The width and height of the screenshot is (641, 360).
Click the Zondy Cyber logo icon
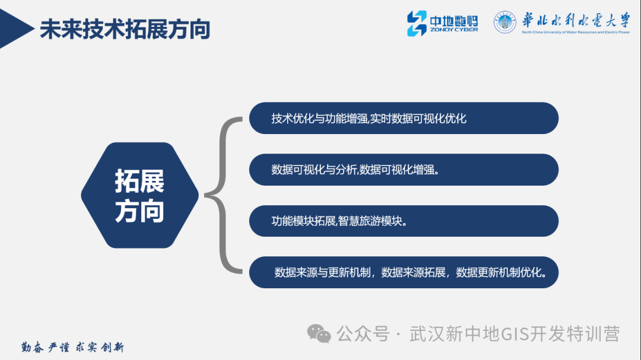click(416, 23)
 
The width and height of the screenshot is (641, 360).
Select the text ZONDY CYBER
click(453, 30)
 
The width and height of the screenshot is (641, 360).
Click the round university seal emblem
click(505, 23)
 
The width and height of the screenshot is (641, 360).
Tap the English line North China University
click(575, 33)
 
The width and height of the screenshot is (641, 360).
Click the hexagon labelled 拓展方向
click(139, 195)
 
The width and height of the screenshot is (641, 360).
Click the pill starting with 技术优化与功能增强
click(404, 118)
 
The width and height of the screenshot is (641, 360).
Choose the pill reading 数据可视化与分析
click(404, 170)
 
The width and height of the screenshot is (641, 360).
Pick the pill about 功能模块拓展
click(404, 221)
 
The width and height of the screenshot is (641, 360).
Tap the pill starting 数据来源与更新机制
click(404, 272)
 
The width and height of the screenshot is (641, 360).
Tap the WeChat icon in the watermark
click(319, 334)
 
